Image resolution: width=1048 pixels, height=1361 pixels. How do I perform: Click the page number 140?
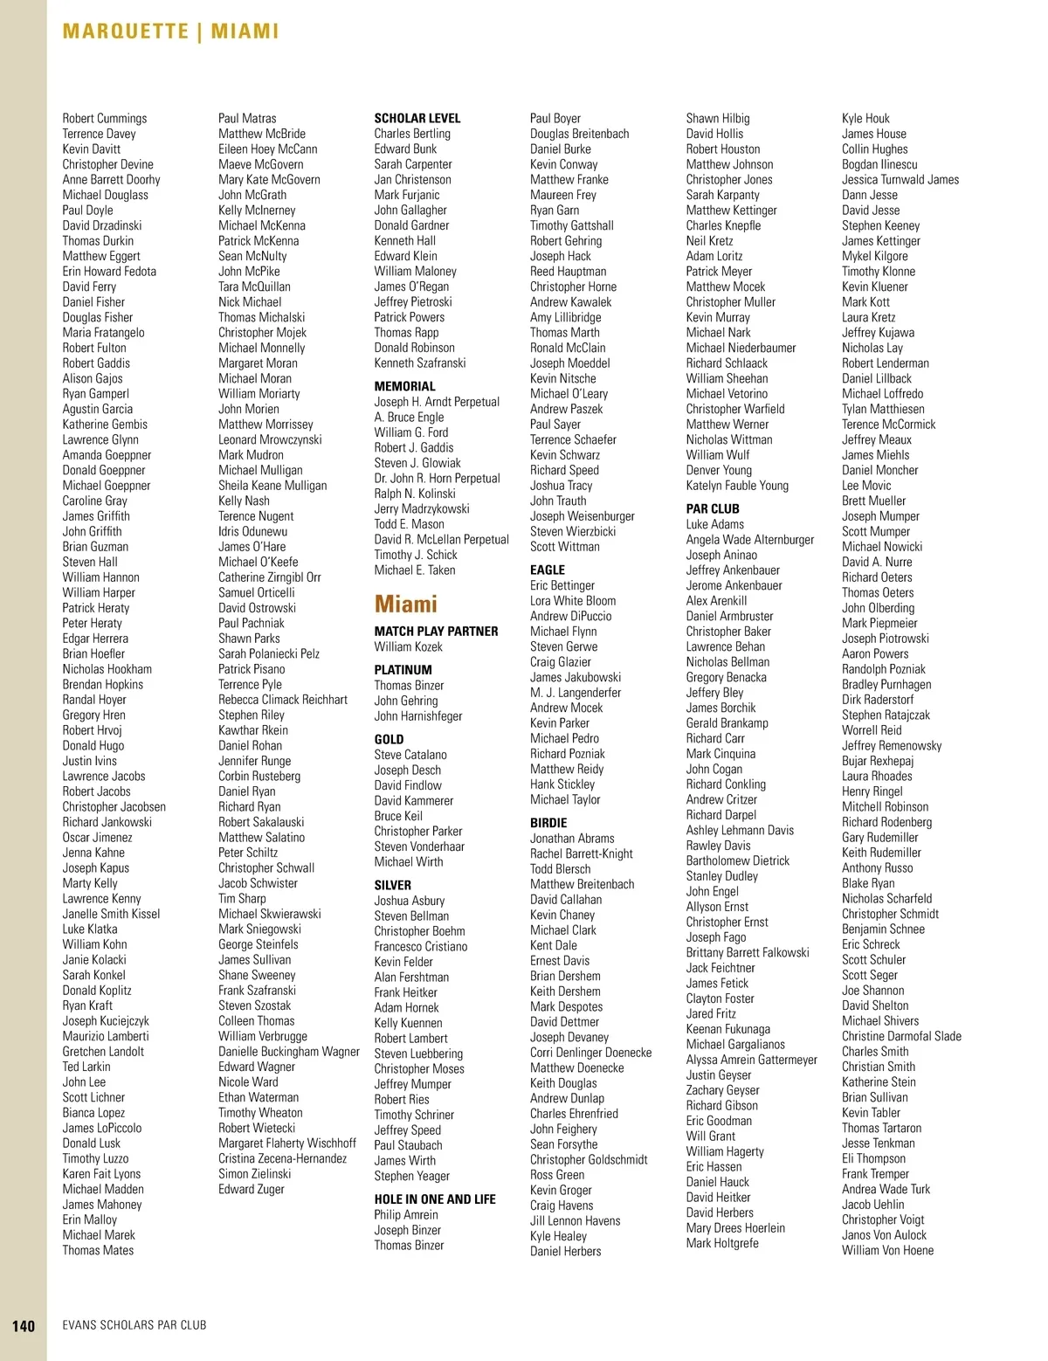click(x=24, y=1325)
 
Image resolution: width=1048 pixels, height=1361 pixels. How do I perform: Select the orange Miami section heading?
click(x=406, y=604)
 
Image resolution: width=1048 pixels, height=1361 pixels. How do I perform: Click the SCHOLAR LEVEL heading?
click(x=417, y=118)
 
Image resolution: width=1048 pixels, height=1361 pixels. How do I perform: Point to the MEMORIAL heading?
click(x=404, y=386)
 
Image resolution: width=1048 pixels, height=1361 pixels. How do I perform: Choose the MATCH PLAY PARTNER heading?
click(x=436, y=631)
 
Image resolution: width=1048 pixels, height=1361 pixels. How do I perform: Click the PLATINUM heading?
click(x=403, y=670)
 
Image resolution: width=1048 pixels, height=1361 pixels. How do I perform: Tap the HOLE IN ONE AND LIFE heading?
click(x=435, y=1199)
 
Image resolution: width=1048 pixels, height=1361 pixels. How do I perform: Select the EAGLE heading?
click(x=548, y=570)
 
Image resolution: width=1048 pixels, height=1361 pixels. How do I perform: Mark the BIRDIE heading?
click(x=548, y=823)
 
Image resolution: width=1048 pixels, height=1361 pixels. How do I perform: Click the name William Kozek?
click(x=408, y=646)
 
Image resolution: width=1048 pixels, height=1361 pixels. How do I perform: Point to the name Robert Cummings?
click(x=105, y=118)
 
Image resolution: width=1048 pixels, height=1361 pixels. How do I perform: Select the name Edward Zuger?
click(x=252, y=1189)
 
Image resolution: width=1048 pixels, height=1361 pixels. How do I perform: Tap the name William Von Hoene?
click(x=887, y=1250)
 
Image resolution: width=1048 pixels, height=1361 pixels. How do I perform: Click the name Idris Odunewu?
click(x=252, y=531)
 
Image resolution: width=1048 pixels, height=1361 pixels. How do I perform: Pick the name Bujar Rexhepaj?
click(x=878, y=761)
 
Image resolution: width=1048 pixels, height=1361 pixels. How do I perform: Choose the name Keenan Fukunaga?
click(x=728, y=1029)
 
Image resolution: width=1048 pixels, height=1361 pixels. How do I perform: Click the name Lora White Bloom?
click(x=573, y=601)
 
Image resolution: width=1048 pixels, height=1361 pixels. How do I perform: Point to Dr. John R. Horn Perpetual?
click(x=437, y=479)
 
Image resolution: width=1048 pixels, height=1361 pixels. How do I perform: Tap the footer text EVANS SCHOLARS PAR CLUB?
click(x=134, y=1325)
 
